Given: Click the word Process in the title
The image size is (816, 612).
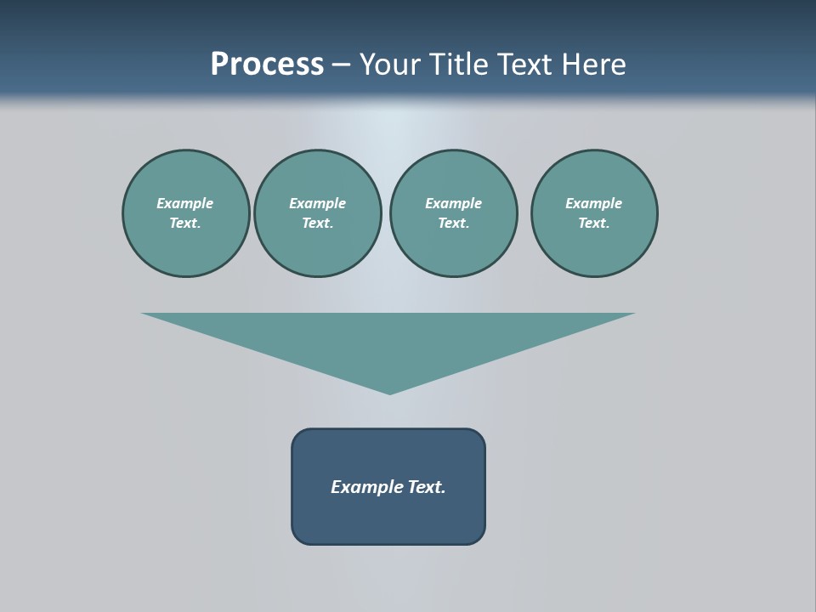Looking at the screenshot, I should [267, 65].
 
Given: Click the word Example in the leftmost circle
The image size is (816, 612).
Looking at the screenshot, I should [185, 203].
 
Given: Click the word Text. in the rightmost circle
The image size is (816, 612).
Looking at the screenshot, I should [594, 223].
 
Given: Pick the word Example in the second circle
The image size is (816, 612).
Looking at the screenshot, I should [318, 203].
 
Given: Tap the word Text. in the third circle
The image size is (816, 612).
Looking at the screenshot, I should [453, 223].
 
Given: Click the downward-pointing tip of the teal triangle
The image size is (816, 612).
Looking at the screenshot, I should [389, 391].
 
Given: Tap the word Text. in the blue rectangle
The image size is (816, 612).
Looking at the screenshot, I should [428, 487].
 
